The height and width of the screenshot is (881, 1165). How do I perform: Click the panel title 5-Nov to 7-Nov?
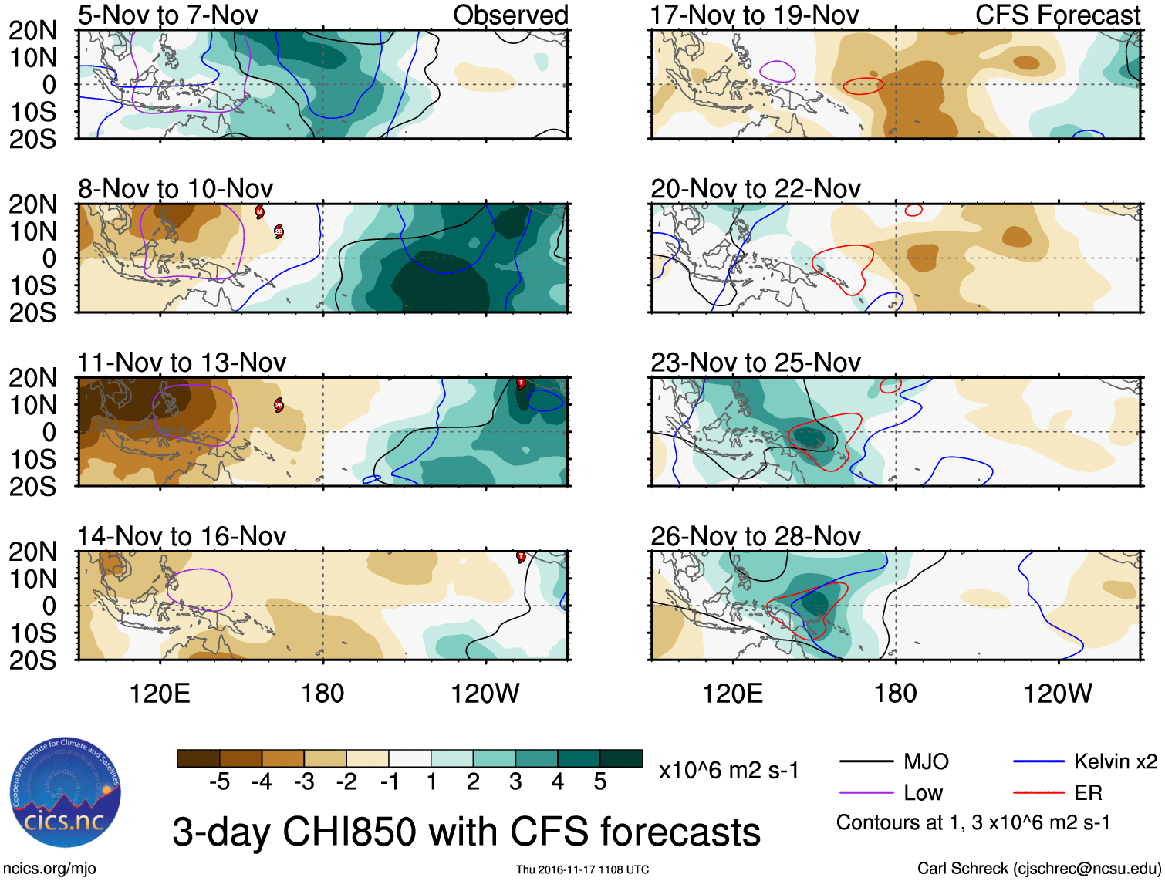tap(167, 15)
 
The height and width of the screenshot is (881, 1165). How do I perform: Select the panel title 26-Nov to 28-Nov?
tap(755, 535)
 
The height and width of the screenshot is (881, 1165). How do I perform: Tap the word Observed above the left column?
tap(510, 15)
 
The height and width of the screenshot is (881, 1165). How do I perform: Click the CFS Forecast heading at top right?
tap(1057, 15)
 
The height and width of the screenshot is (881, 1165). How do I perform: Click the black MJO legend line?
tap(866, 761)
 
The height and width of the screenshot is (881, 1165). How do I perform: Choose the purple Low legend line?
tap(866, 792)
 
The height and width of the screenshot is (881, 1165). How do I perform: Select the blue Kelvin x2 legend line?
tap(1038, 761)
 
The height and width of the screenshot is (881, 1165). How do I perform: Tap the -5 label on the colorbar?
tap(219, 782)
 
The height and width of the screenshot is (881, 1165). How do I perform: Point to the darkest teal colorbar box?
tap(621, 758)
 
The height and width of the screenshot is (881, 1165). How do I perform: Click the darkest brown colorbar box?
tap(198, 758)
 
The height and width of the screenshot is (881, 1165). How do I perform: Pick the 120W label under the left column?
tap(485, 694)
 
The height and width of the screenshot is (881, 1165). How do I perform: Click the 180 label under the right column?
tap(895, 694)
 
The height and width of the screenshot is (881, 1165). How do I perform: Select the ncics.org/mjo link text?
tap(49, 869)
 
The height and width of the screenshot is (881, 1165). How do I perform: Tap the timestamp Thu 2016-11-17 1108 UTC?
tap(582, 869)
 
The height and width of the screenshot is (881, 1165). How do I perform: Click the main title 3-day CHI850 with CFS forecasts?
tap(466, 832)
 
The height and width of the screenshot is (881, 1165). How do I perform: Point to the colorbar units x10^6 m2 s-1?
tap(728, 770)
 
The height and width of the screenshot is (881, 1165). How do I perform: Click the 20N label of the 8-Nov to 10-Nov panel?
tap(32, 204)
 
